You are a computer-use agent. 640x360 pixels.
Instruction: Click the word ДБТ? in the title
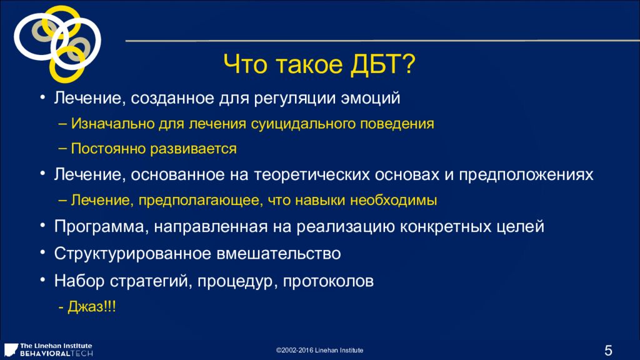click(x=382, y=64)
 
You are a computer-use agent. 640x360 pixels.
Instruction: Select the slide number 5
click(x=608, y=350)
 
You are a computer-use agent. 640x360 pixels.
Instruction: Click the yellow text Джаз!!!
click(x=92, y=306)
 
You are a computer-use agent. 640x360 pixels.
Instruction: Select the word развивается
click(x=194, y=149)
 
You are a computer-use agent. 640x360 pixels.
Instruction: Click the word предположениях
click(x=526, y=175)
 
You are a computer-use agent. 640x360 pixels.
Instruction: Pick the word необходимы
click(x=394, y=200)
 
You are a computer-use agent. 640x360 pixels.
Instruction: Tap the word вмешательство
click(x=278, y=254)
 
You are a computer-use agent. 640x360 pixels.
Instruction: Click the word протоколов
click(x=328, y=281)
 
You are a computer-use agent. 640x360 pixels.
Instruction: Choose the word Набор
click(x=79, y=281)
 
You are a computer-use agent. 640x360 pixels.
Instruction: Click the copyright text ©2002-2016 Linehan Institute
click(x=319, y=350)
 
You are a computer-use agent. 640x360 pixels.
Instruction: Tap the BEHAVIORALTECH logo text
click(x=57, y=354)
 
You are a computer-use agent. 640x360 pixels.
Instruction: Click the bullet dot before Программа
click(x=42, y=224)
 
